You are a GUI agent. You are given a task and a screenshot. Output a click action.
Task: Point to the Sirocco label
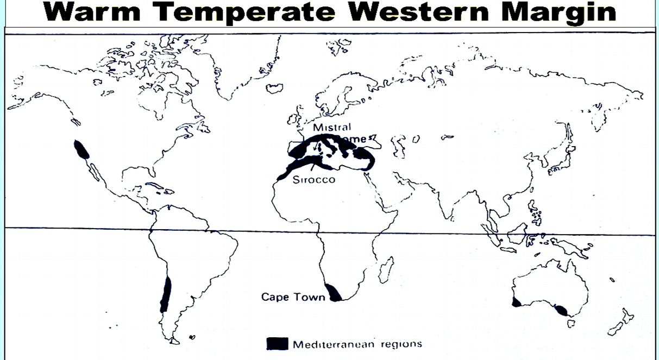coord(313,180)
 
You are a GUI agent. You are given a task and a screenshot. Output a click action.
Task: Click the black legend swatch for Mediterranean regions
coord(277,344)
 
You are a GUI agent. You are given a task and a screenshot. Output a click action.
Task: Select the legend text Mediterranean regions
coord(357,344)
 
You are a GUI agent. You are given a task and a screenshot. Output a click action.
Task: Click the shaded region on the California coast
coord(81,149)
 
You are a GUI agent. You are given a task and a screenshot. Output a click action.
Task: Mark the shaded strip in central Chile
coord(165,295)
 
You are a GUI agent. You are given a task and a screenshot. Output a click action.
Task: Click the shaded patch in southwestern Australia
coord(516,302)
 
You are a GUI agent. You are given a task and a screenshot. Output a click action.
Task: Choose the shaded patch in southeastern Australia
coord(560,311)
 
